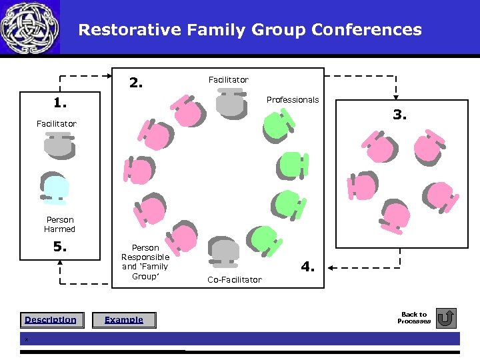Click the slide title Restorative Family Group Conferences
250,30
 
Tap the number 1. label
61,103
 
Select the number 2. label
136,83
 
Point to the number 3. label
399,115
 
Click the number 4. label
307,267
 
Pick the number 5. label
61,247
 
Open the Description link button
51,320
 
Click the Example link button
124,320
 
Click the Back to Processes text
413,318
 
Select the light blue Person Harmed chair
55,188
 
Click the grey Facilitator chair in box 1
59,145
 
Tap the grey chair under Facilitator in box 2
230,103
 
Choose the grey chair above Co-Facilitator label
225,251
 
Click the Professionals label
293,100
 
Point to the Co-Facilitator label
234,280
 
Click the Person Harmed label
60,225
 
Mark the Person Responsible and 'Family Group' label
145,262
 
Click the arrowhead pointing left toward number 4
332,267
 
